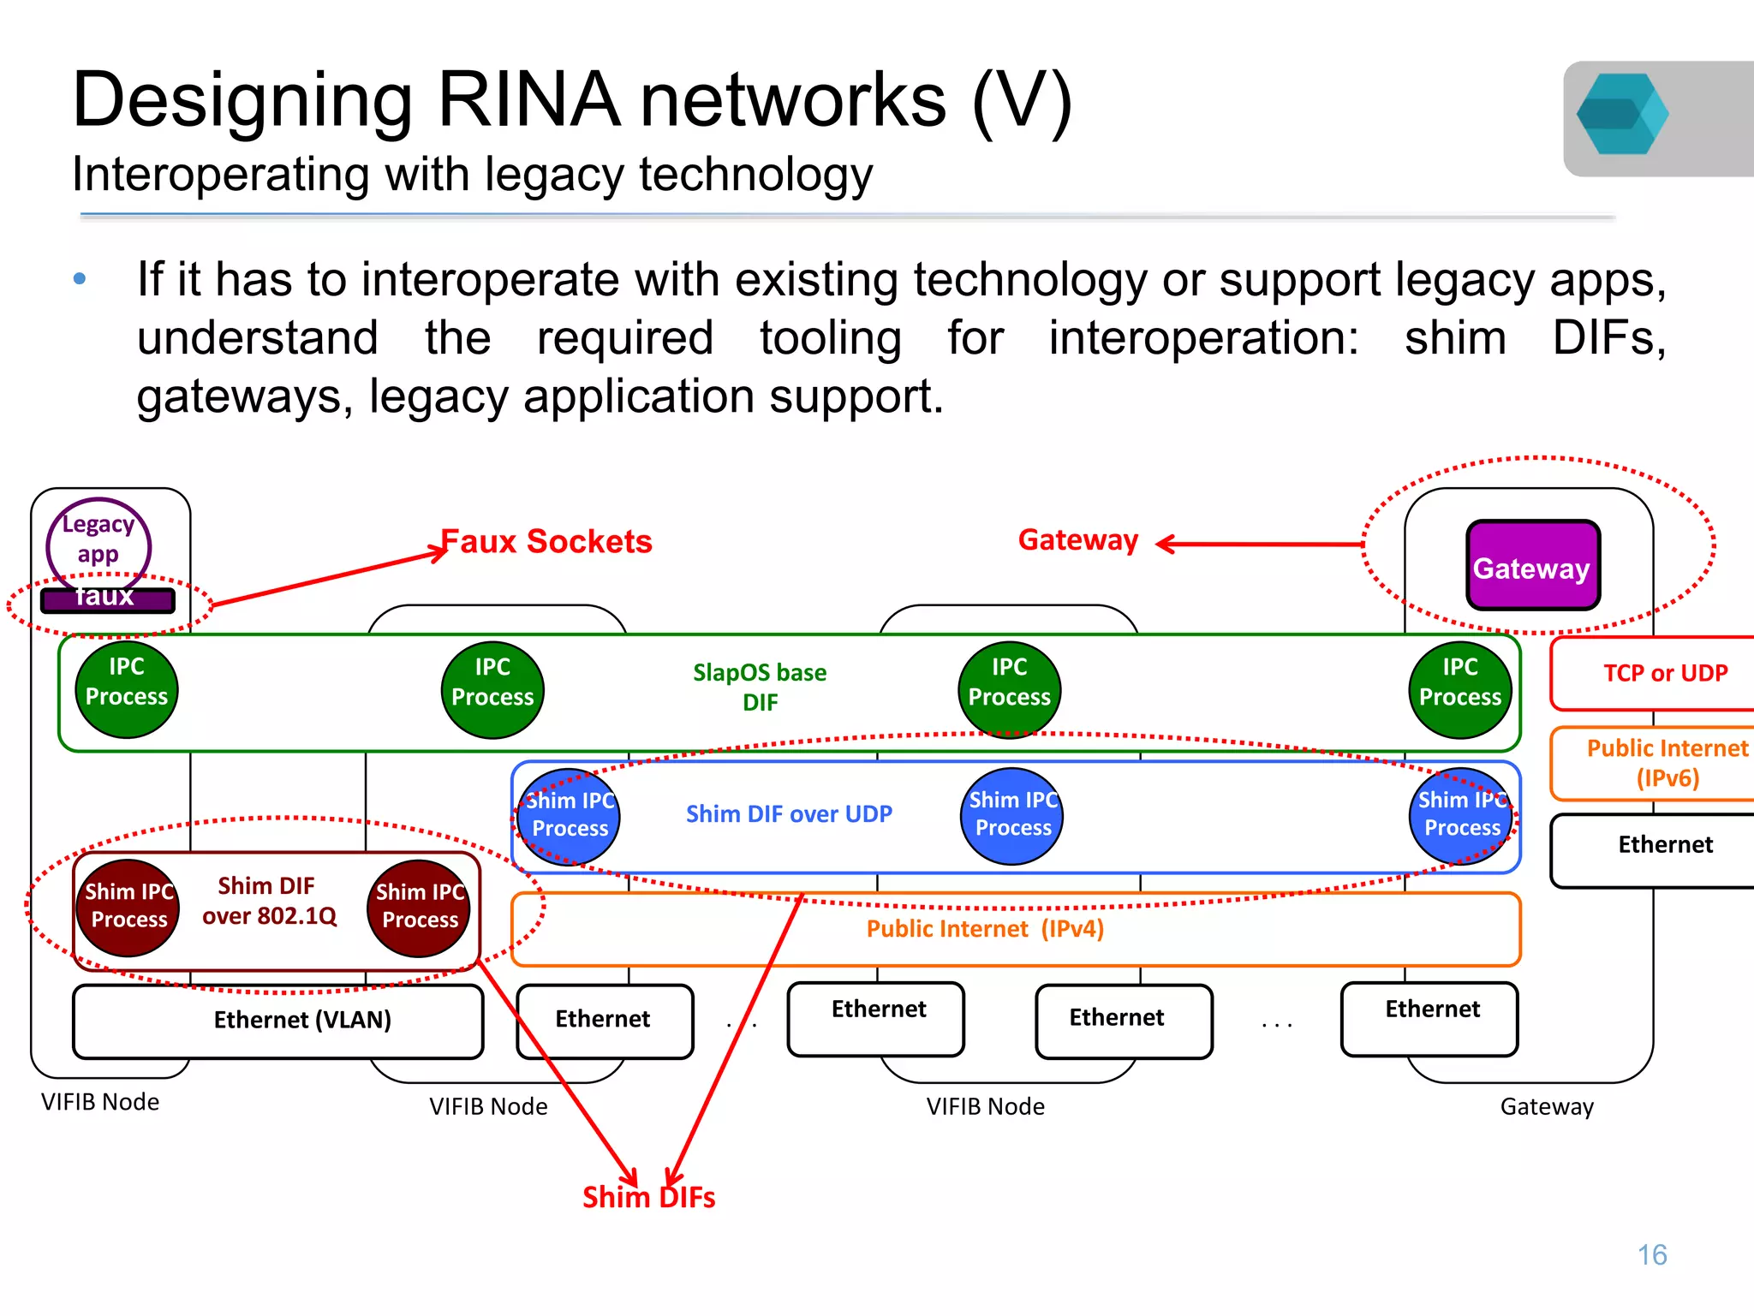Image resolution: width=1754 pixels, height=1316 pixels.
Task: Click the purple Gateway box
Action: [1532, 566]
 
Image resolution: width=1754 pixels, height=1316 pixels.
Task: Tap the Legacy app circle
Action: [98, 539]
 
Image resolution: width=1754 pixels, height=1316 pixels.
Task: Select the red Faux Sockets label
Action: [546, 542]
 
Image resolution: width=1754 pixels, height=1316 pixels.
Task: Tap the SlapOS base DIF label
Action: [760, 687]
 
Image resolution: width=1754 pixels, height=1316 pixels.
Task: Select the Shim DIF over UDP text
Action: [789, 814]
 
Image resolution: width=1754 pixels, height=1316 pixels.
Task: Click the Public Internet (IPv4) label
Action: [985, 929]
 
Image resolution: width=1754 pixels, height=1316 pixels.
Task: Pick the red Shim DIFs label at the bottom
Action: [648, 1197]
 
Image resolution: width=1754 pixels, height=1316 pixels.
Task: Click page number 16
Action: [1651, 1254]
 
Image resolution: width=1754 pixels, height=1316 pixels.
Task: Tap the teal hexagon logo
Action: [1621, 114]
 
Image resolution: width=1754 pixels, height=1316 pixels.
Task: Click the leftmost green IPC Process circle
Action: [127, 689]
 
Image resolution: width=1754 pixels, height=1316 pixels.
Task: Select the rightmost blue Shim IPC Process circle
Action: [1461, 815]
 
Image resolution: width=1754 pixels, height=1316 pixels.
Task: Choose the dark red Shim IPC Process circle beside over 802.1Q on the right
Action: [420, 908]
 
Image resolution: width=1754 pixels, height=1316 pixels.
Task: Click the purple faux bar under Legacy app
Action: [107, 599]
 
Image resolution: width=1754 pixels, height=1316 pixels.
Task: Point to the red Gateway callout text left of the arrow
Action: [1077, 541]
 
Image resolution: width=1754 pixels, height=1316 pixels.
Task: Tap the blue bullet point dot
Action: [80, 279]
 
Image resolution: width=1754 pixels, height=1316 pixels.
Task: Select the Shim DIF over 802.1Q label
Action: [268, 901]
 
